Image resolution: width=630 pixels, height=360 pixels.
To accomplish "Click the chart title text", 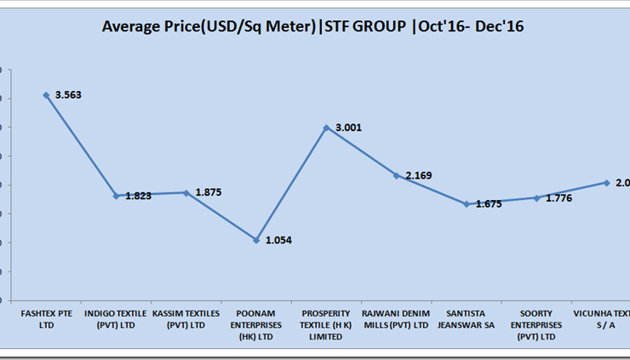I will tap(312, 27).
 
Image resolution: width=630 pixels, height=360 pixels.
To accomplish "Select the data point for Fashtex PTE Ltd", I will tap(46, 95).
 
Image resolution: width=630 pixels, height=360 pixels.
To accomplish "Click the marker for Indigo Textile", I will tap(116, 196).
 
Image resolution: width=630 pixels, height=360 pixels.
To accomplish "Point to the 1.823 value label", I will tap(138, 196).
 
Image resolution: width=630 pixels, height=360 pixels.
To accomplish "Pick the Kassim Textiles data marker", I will tap(186, 193).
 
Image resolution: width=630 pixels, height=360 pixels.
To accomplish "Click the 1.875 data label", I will tap(209, 192).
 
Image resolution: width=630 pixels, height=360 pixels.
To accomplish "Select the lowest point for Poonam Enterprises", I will tap(255, 240).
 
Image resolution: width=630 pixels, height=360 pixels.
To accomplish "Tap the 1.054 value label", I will tap(279, 241).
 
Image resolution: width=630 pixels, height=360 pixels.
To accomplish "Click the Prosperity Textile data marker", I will tap(326, 128).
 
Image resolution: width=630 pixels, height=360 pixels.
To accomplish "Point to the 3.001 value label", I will tap(348, 128).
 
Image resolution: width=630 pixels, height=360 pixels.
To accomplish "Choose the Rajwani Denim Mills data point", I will tap(396, 175).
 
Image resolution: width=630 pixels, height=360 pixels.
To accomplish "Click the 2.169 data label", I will tap(419, 175).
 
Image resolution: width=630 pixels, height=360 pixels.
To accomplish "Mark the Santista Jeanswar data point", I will tap(467, 204).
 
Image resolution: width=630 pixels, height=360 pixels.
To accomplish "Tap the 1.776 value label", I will tap(558, 198).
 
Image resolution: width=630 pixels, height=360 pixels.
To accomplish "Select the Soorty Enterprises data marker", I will tap(536, 198).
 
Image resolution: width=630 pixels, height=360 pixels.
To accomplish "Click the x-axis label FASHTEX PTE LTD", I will tap(46, 319).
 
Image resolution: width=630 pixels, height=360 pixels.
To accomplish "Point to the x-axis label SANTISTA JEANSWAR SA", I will tap(467, 319).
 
